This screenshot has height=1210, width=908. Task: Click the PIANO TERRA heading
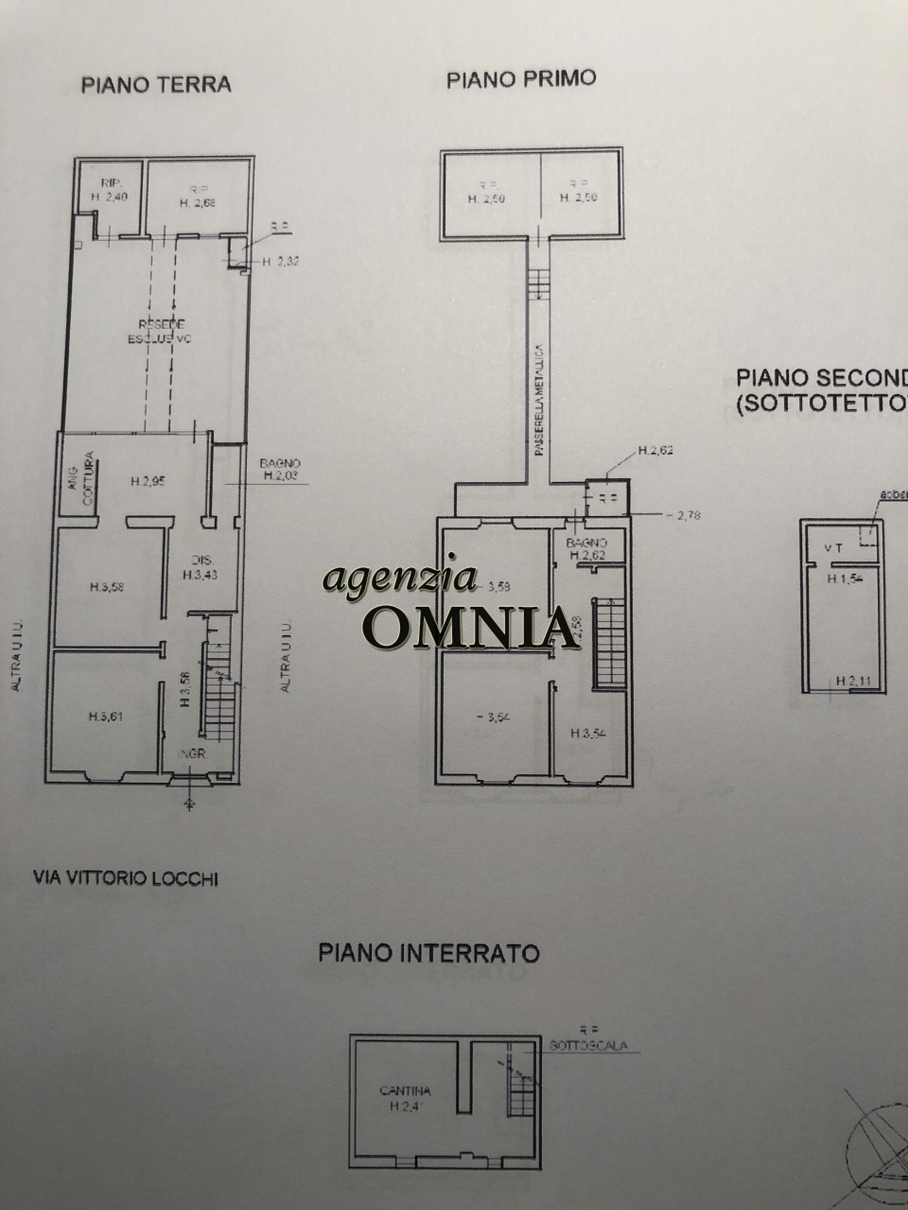pos(156,85)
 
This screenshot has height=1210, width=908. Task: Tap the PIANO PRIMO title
pos(521,79)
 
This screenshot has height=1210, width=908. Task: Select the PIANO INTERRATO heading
pos(428,952)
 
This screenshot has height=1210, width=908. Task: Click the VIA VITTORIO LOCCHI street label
pos(125,878)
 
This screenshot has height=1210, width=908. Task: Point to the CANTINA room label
pos(405,1091)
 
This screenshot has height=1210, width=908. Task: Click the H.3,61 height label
pos(106,717)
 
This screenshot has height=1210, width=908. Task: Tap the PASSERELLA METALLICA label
pos(537,400)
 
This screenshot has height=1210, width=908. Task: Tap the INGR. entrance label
pos(193,754)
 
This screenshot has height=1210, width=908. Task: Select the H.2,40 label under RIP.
pos(109,197)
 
